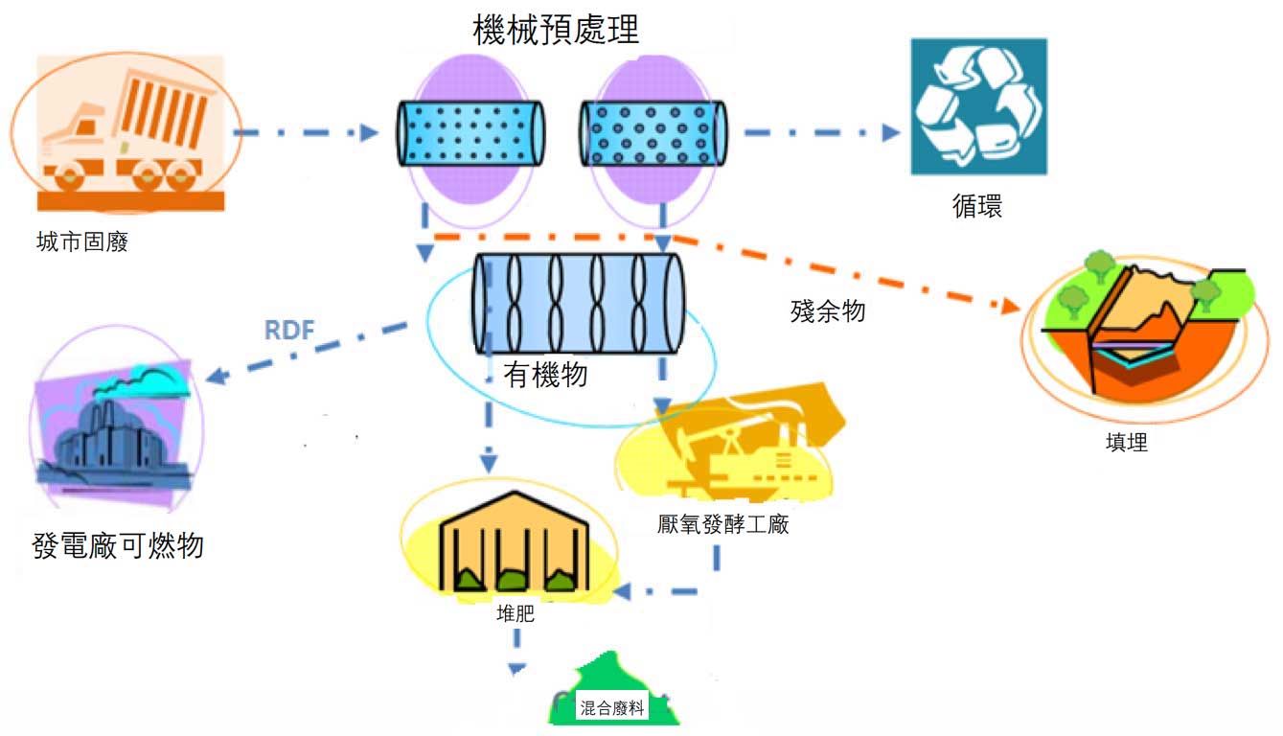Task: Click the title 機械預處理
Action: tap(556, 30)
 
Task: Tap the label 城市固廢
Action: tap(82, 241)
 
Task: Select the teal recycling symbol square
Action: tap(979, 106)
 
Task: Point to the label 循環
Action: tap(977, 206)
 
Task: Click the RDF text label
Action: tap(289, 330)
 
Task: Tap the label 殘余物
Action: tap(828, 311)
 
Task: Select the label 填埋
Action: tap(1127, 442)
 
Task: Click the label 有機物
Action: tap(546, 375)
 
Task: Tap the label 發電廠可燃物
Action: tap(118, 545)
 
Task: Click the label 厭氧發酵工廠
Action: tap(722, 524)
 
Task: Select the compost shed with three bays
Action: tap(514, 541)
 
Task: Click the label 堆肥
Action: tap(515, 613)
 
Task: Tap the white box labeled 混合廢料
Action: tap(612, 708)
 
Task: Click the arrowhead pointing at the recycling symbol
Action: tap(891, 132)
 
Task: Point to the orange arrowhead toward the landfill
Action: tap(1010, 307)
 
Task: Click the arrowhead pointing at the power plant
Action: tap(218, 376)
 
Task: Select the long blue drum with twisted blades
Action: tap(579, 303)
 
